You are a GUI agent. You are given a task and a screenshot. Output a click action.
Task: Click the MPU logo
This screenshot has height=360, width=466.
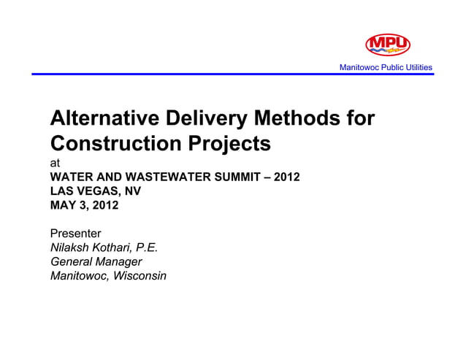pyautogui.click(x=387, y=45)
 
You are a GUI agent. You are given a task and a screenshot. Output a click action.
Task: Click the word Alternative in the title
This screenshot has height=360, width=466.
pyautogui.click(x=102, y=118)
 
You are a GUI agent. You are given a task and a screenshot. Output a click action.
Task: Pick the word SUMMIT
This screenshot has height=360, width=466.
pyautogui.click(x=246, y=177)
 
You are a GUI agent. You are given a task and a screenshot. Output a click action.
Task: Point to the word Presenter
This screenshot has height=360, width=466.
pyautogui.click(x=75, y=233)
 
